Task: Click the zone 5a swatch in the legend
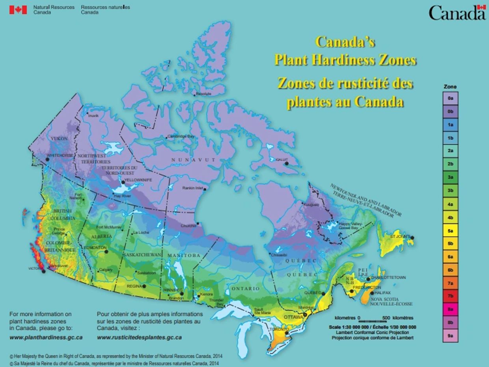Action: (x=450, y=231)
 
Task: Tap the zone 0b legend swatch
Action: (x=450, y=112)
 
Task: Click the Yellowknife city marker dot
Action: (x=123, y=182)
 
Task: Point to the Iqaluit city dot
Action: (x=287, y=163)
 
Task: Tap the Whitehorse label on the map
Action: (x=60, y=156)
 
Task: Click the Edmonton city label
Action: (x=95, y=248)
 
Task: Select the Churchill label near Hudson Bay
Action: (x=188, y=226)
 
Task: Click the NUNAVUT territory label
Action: (x=193, y=159)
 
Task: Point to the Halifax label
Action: (x=383, y=293)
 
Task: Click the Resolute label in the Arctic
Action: (x=203, y=94)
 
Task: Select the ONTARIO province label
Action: (x=245, y=289)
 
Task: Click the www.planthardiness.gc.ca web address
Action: (x=46, y=337)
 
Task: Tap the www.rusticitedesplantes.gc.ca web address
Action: (x=139, y=337)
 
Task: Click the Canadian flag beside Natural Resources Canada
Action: (x=18, y=9)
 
